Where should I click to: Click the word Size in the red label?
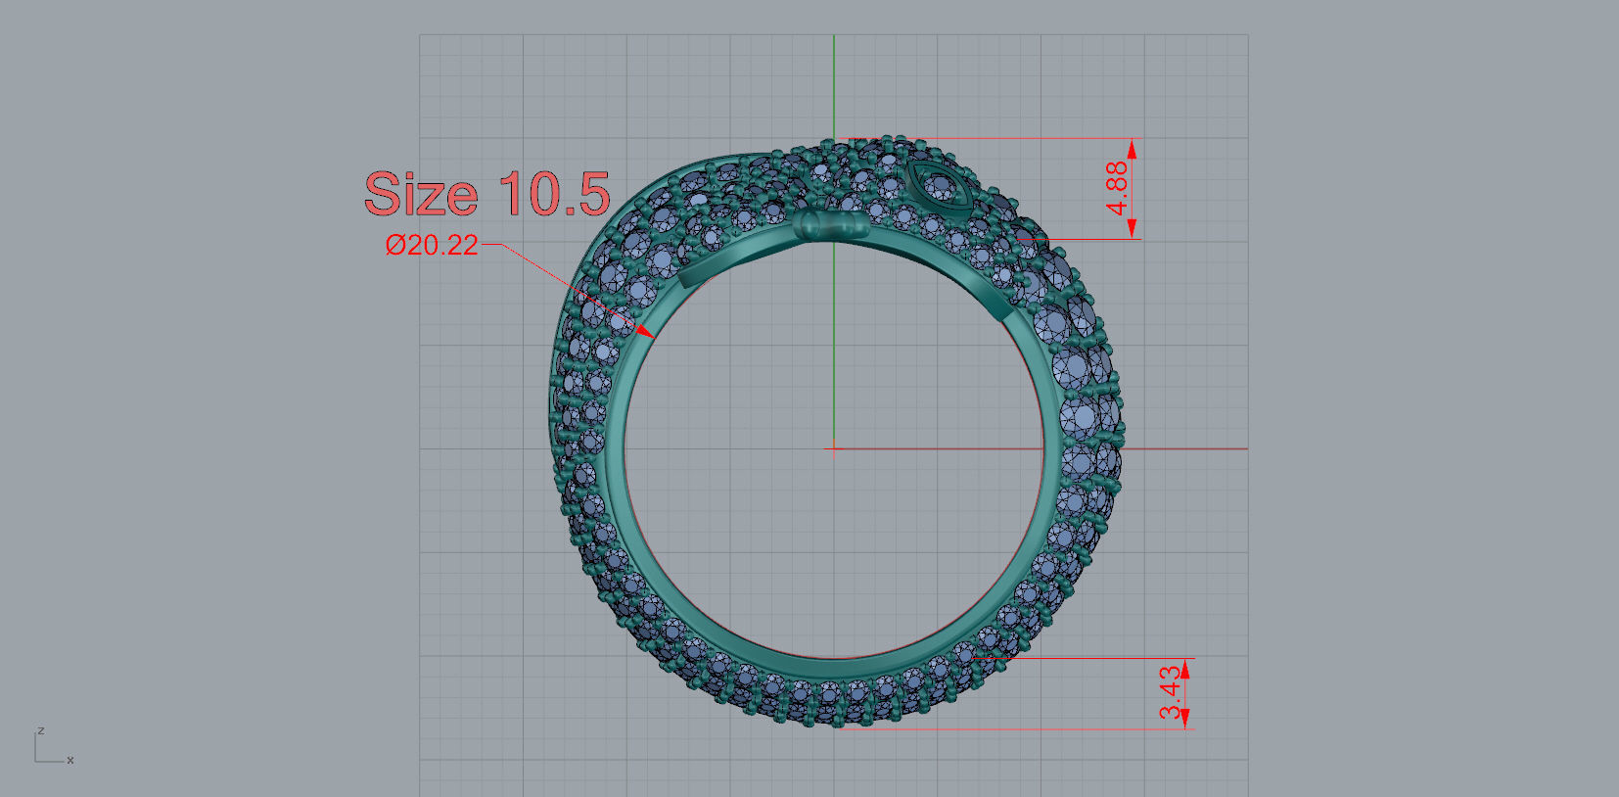(x=420, y=194)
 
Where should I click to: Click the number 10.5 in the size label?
(x=554, y=194)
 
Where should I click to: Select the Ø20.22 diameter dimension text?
(x=432, y=245)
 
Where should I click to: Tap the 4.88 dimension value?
(x=1117, y=188)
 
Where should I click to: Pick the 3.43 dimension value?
(x=1170, y=692)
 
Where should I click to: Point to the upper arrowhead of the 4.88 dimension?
(x=1133, y=149)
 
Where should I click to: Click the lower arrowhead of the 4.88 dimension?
(x=1133, y=228)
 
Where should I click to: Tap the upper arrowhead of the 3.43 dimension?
(x=1185, y=668)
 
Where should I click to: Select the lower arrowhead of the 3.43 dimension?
(x=1185, y=719)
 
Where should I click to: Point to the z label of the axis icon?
(x=41, y=730)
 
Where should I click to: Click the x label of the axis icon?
(x=70, y=760)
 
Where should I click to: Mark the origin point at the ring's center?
(x=834, y=448)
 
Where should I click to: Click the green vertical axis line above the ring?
(x=834, y=88)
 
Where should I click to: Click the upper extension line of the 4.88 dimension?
(x=989, y=138)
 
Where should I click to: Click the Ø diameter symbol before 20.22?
(x=394, y=245)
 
